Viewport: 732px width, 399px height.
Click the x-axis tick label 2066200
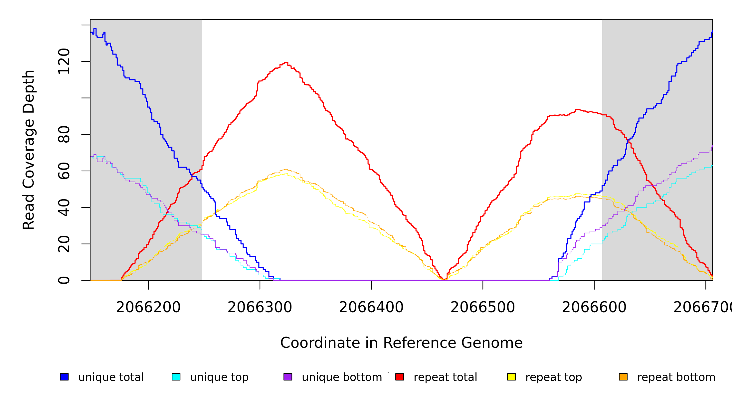pyautogui.click(x=148, y=307)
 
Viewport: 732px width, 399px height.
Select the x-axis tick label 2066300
pyautogui.click(x=260, y=307)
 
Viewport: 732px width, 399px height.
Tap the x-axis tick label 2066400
pyautogui.click(x=371, y=307)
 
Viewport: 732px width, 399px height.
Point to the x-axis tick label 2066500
pyautogui.click(x=483, y=307)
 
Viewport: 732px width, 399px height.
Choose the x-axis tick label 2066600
pyautogui.click(x=594, y=307)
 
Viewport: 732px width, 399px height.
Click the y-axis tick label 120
pyautogui.click(x=64, y=62)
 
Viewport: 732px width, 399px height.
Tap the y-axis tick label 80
pyautogui.click(x=64, y=134)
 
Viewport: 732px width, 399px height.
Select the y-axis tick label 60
pyautogui.click(x=64, y=171)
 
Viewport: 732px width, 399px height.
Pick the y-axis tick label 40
pyautogui.click(x=64, y=207)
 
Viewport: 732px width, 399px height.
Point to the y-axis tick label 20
pyautogui.click(x=64, y=244)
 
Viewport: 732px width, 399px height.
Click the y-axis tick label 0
pyautogui.click(x=64, y=280)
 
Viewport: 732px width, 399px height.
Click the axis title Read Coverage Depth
pyautogui.click(x=29, y=150)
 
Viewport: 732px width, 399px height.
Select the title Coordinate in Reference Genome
pyautogui.click(x=401, y=343)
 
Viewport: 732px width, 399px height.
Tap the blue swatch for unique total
pyautogui.click(x=64, y=377)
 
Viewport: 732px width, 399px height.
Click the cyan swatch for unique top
pyautogui.click(x=176, y=377)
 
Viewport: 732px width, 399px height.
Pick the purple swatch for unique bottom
pyautogui.click(x=288, y=377)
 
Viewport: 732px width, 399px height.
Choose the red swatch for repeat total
pyautogui.click(x=400, y=377)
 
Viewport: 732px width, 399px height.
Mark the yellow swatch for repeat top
pyautogui.click(x=511, y=377)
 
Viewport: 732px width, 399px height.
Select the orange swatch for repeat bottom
pyautogui.click(x=623, y=377)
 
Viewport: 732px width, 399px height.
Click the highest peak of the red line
pyautogui.click(x=286, y=63)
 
